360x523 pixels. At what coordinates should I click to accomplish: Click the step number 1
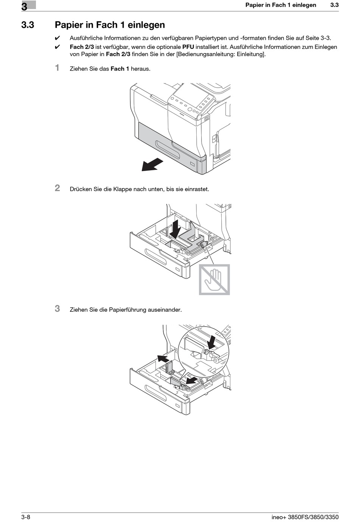click(57, 68)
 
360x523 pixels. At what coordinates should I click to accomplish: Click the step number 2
click(57, 188)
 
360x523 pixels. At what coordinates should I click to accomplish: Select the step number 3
click(57, 309)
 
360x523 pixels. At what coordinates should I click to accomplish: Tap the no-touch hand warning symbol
click(214, 280)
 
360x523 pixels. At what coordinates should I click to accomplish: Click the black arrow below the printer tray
click(152, 165)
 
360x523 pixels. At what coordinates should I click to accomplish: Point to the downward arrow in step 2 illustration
click(175, 229)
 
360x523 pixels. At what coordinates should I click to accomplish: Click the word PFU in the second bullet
click(188, 47)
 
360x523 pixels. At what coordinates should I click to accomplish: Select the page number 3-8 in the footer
click(26, 517)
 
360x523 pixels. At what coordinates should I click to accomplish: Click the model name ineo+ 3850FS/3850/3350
click(305, 517)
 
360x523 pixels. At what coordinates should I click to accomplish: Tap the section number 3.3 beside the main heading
click(28, 25)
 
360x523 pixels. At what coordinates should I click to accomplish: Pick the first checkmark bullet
click(58, 38)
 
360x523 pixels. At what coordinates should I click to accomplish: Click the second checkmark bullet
click(58, 47)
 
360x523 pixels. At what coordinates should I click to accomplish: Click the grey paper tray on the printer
click(167, 146)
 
